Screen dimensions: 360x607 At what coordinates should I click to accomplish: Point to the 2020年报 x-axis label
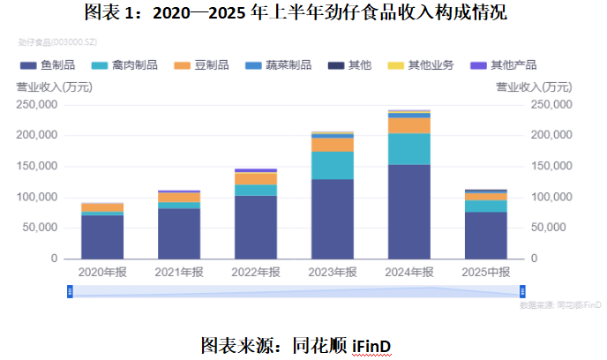tap(102, 273)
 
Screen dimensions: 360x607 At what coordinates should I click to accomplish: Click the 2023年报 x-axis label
tap(332, 273)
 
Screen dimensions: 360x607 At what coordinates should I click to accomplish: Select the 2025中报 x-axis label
tap(485, 273)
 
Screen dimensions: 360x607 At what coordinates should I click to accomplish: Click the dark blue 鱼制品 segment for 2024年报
tap(409, 211)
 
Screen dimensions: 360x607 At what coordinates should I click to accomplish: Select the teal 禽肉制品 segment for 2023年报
tap(333, 165)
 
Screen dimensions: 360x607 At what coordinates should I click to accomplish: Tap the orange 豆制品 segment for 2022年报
tap(256, 179)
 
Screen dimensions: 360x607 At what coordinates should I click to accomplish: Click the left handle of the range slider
tap(70, 291)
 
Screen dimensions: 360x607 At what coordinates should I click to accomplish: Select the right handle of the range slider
tap(522, 291)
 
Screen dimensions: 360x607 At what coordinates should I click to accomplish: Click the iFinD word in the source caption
tap(371, 342)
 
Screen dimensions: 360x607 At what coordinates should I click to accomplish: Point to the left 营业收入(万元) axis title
tap(52, 86)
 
